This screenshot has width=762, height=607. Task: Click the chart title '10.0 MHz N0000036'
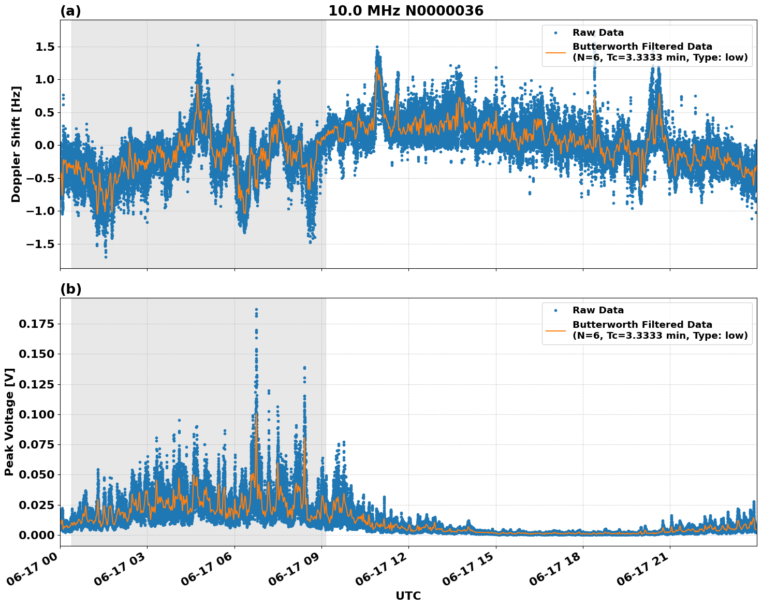point(405,11)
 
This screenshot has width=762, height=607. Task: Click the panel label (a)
point(70,11)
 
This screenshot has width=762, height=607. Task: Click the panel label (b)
point(70,289)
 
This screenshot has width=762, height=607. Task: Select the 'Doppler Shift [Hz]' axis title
point(16,144)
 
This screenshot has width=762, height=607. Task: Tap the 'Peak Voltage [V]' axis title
point(9,422)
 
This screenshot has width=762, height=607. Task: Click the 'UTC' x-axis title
point(408,596)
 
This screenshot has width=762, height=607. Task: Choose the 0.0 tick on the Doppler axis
point(43,146)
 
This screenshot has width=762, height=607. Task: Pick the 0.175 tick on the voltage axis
point(37,324)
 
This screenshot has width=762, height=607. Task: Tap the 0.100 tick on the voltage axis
point(37,414)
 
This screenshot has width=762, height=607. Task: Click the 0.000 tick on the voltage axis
point(37,535)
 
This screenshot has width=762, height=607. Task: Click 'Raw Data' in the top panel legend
point(598,33)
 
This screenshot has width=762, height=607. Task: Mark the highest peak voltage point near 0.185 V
point(256,309)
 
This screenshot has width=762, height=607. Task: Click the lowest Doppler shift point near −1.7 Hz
point(106,257)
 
